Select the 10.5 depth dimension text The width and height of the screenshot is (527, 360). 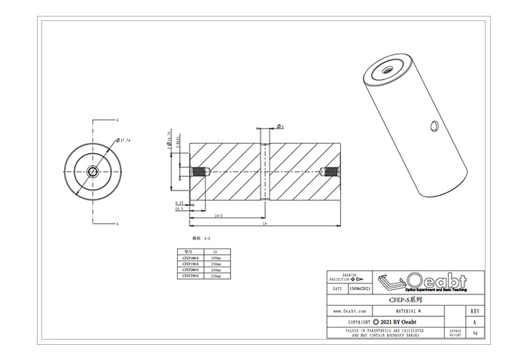[180, 209]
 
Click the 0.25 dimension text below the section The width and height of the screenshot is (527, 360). [180, 203]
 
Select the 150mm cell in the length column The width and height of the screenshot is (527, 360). [217, 264]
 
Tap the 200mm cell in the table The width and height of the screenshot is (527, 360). [217, 270]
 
